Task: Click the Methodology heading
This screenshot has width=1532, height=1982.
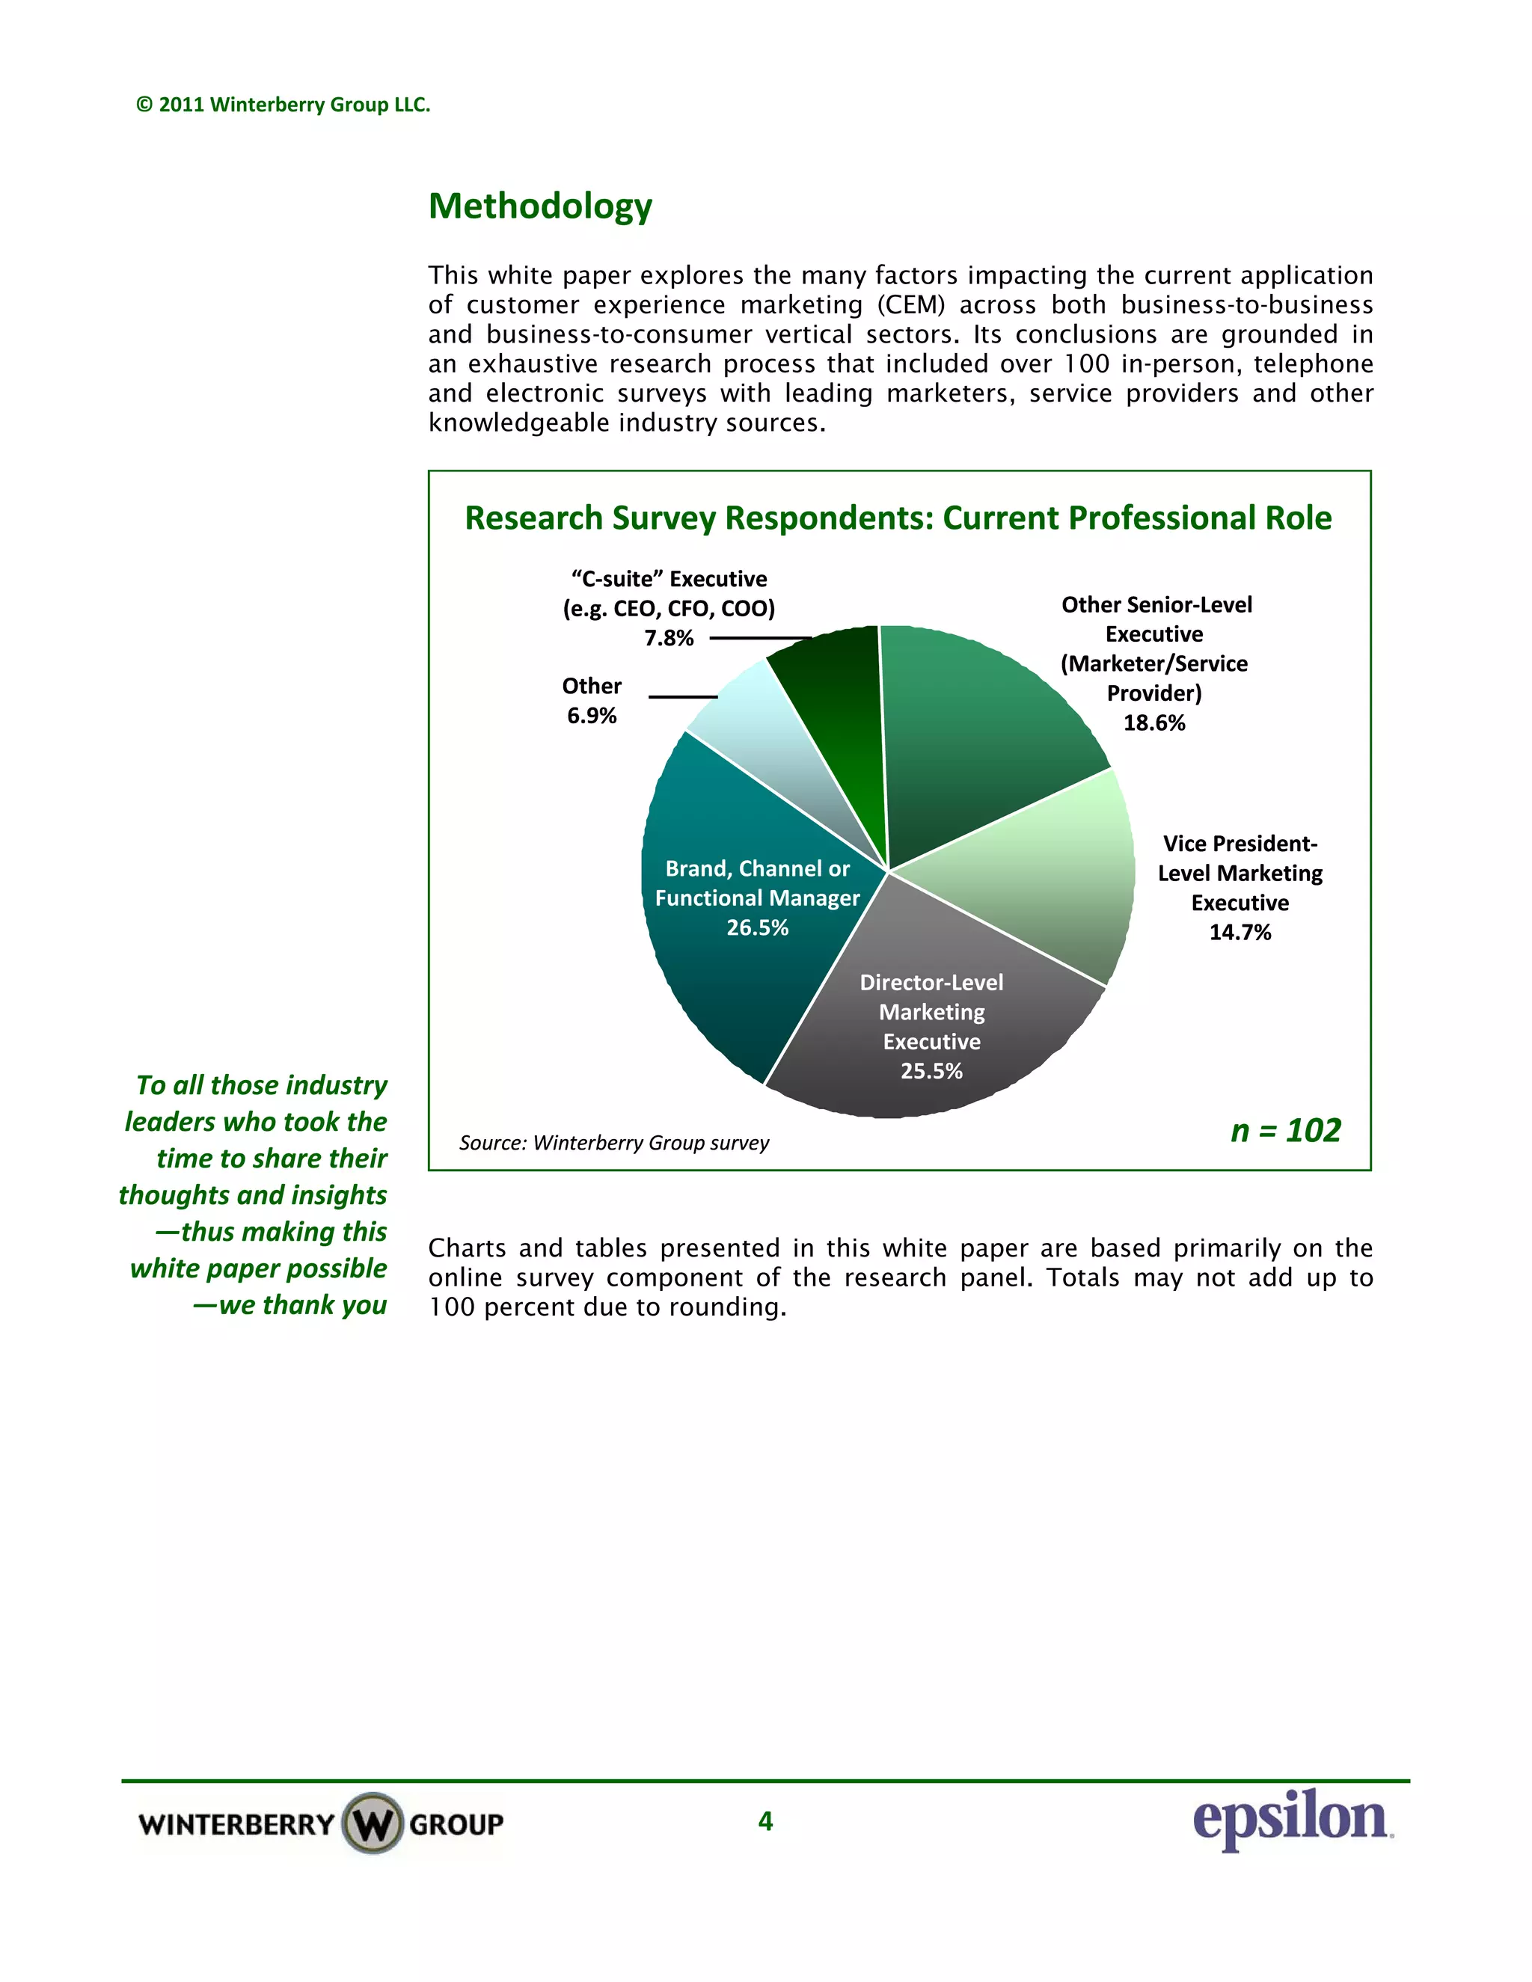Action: pos(540,206)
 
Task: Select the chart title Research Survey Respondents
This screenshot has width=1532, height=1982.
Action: pos(898,518)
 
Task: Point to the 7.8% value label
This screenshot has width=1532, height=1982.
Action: pos(669,639)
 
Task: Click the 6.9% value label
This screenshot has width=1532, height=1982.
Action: pos(592,716)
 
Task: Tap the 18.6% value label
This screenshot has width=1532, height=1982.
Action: pos(1154,723)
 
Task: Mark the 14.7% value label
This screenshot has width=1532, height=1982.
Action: pos(1240,933)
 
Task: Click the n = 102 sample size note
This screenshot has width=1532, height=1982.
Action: pos(1285,1131)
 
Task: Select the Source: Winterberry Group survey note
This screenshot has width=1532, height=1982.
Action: pos(613,1144)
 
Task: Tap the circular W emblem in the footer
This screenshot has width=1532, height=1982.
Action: pos(372,1823)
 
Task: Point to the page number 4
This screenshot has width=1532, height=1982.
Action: pos(765,1821)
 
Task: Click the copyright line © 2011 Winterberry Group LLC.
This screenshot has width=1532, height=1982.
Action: pos(284,105)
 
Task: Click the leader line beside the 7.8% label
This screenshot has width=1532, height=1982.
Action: pos(760,638)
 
